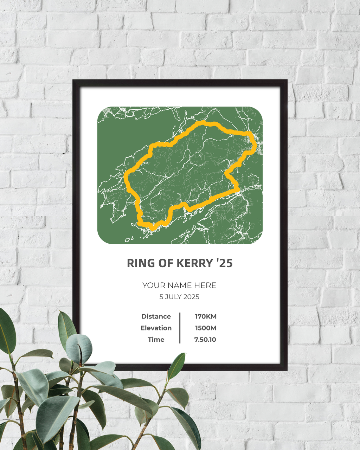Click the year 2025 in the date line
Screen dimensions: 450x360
coord(191,297)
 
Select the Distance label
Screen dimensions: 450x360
coord(156,316)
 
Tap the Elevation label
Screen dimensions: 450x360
coord(156,328)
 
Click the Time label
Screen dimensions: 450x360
coord(156,340)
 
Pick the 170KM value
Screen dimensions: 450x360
coord(206,316)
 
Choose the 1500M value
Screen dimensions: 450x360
coord(206,328)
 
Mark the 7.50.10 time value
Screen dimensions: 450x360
coord(205,340)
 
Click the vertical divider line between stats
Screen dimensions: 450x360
coord(180,328)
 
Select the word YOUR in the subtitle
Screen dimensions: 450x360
coord(154,285)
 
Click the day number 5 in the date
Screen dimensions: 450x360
coord(161,297)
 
